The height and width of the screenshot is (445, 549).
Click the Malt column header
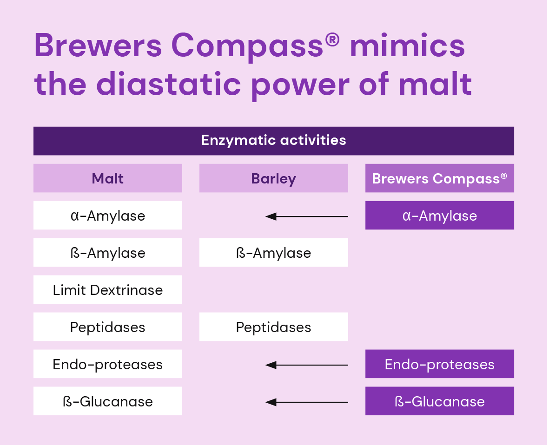click(x=108, y=178)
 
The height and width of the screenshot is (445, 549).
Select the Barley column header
click(x=274, y=178)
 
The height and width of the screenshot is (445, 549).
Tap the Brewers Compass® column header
click(x=440, y=178)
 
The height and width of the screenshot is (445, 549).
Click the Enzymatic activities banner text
click(x=274, y=140)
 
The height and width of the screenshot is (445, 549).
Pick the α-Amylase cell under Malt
click(x=108, y=215)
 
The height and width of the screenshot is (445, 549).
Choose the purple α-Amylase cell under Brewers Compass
click(x=440, y=215)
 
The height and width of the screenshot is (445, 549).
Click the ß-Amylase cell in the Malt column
click(x=108, y=252)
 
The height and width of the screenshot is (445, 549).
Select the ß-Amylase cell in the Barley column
click(x=274, y=252)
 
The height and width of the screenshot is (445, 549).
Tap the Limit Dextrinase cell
click(x=108, y=289)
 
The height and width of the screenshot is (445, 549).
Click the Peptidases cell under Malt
click(x=108, y=327)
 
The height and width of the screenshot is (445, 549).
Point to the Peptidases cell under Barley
click(x=274, y=327)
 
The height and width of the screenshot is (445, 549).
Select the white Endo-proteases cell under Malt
click(x=108, y=364)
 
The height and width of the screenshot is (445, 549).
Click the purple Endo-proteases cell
click(x=440, y=364)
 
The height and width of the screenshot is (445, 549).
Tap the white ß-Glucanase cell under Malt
click(x=108, y=401)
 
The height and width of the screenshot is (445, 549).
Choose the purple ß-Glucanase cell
click(x=440, y=401)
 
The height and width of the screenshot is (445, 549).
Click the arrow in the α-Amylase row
click(x=307, y=216)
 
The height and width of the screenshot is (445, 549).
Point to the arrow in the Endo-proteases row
click(x=307, y=365)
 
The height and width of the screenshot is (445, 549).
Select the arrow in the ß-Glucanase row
click(x=307, y=402)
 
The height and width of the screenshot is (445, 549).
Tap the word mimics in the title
click(x=407, y=45)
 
